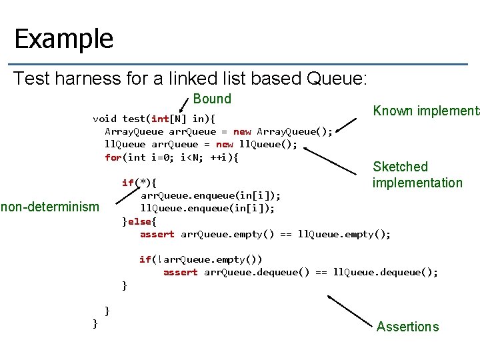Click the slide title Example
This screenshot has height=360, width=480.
pyautogui.click(x=64, y=39)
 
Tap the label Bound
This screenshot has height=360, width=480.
pyautogui.click(x=212, y=99)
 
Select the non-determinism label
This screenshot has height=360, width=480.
pyautogui.click(x=51, y=207)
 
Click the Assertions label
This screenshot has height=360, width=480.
pyautogui.click(x=407, y=327)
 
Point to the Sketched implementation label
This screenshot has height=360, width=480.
pyautogui.click(x=417, y=175)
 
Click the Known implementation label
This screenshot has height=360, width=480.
pyautogui.click(x=425, y=111)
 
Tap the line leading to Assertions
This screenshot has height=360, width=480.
pyautogui.click(x=353, y=311)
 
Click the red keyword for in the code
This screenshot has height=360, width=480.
pyautogui.click(x=113, y=157)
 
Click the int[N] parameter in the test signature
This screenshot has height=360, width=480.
pyautogui.click(x=170, y=119)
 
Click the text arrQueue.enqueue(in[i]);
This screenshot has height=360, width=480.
pyautogui.click(x=210, y=195)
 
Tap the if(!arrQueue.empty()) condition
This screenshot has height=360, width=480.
pyautogui.click(x=201, y=259)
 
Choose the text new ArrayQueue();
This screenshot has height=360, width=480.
pyautogui.click(x=283, y=132)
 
